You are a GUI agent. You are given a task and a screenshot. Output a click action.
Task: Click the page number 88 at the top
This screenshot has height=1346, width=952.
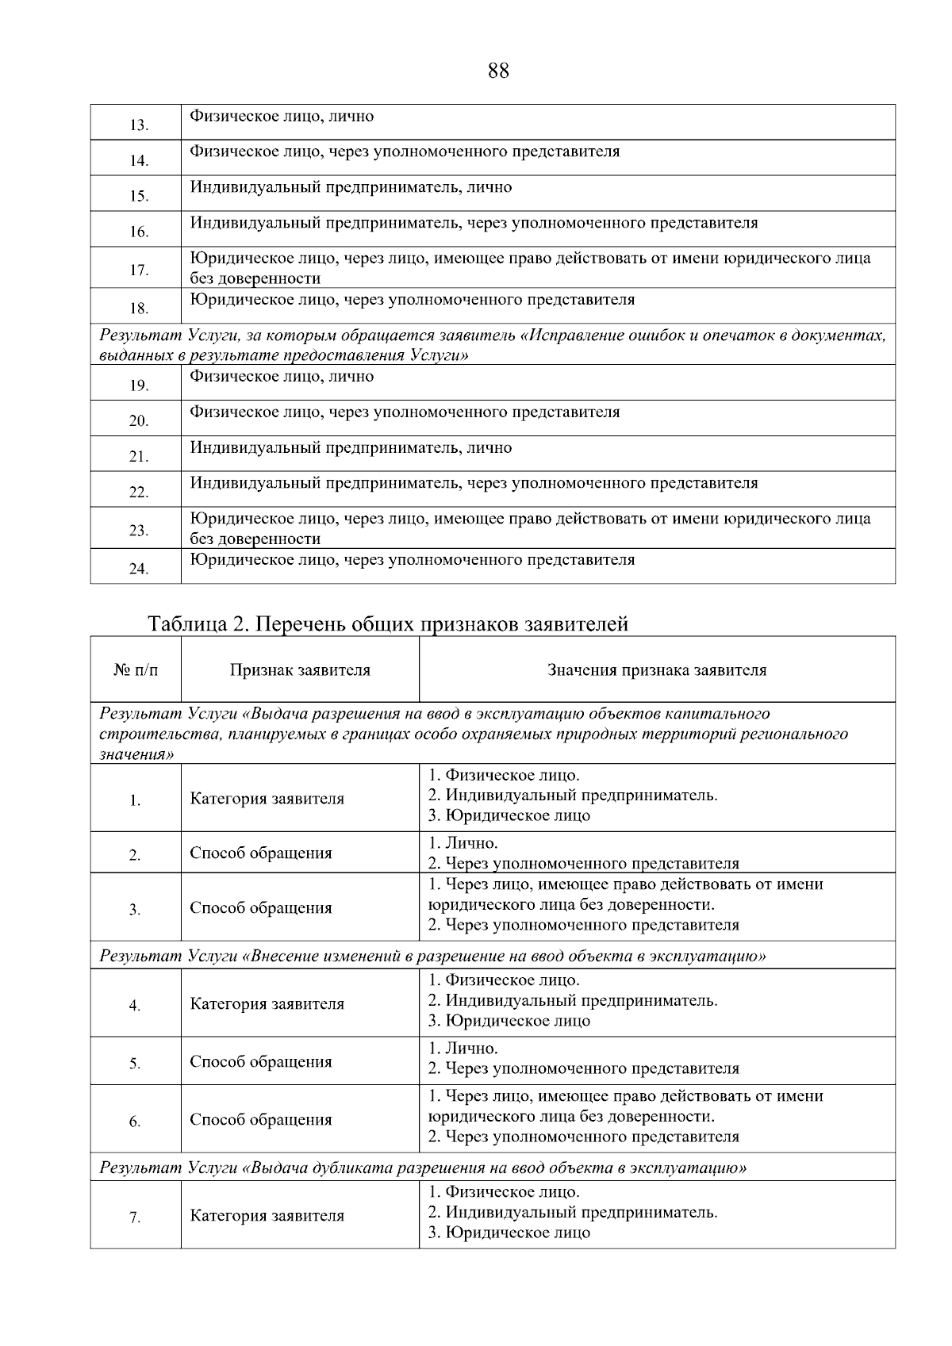498,71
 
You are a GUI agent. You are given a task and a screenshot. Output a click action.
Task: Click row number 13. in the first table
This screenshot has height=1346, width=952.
139,125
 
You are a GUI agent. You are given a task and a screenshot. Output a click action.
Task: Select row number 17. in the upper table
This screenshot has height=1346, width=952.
139,270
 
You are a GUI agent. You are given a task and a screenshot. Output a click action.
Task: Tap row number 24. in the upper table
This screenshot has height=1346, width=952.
139,569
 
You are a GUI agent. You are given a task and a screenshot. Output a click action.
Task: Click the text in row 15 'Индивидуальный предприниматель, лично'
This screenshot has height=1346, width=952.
351,188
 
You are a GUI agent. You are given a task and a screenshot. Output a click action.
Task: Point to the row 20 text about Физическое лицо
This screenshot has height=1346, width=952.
405,412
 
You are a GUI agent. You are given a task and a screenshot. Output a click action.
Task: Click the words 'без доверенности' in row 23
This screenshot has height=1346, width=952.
255,539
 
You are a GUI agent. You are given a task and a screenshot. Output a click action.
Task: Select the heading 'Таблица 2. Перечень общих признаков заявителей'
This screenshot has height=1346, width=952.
388,624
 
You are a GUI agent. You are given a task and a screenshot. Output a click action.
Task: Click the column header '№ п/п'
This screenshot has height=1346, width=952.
136,670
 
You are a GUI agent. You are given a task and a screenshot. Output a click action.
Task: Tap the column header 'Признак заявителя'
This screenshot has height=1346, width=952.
300,670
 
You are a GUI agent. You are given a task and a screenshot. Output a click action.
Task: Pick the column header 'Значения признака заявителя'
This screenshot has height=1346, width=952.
657,670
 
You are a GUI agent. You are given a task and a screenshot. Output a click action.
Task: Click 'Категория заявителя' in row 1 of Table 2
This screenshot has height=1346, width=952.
267,799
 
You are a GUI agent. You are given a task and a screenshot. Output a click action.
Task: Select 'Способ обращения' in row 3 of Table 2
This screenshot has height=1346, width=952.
260,908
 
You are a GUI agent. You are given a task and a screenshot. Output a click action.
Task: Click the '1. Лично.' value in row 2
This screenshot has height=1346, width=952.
463,843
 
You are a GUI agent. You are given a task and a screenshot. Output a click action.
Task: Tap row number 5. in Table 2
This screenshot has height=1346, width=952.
135,1064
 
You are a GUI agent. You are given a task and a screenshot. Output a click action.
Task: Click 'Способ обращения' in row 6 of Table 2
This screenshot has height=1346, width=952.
260,1120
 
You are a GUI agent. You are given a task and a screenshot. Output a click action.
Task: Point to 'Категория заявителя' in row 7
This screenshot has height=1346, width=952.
267,1216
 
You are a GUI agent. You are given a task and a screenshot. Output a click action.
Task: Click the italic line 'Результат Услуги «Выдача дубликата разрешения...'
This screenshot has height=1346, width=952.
423,1168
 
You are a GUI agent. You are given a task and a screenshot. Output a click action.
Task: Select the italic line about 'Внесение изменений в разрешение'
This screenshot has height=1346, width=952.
432,956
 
